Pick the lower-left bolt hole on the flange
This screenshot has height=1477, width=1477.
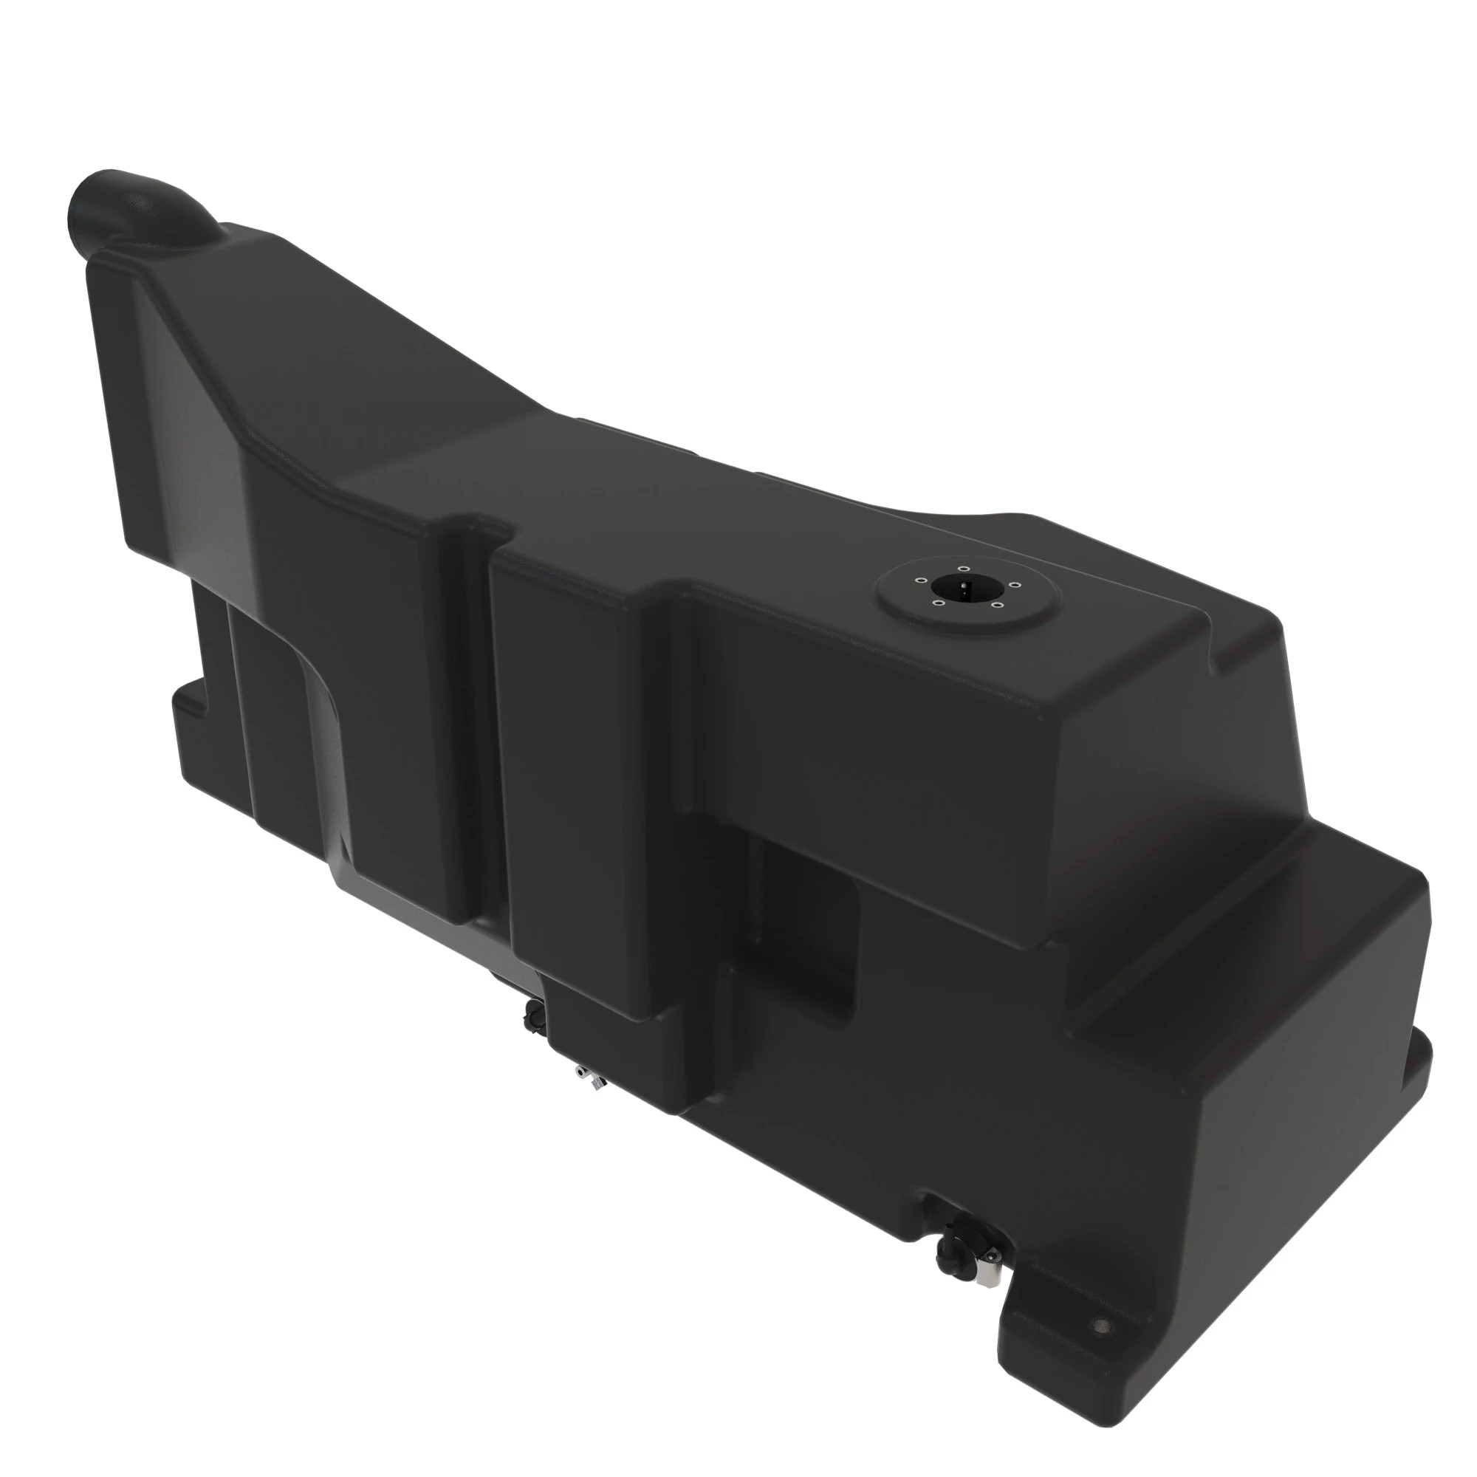936,602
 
